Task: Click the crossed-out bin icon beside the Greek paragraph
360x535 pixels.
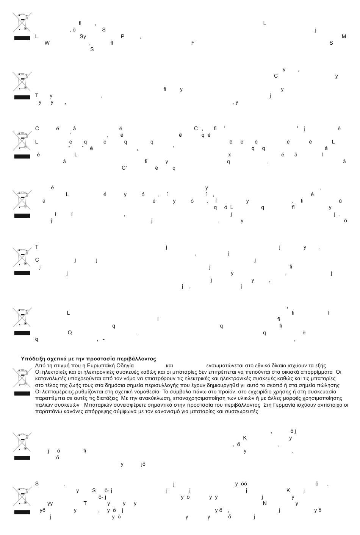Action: tap(22, 377)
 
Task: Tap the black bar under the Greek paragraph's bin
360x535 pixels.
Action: tap(22, 393)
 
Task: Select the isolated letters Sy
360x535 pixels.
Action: tap(83, 37)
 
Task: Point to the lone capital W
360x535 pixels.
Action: tap(47, 43)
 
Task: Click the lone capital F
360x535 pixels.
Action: tap(193, 43)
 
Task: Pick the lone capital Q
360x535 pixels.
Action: tap(70, 332)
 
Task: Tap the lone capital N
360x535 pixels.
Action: tap(265, 504)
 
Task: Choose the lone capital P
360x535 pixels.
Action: tap(122, 36)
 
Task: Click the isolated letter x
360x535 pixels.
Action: tap(229, 155)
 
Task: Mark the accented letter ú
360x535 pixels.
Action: tap(341, 201)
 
